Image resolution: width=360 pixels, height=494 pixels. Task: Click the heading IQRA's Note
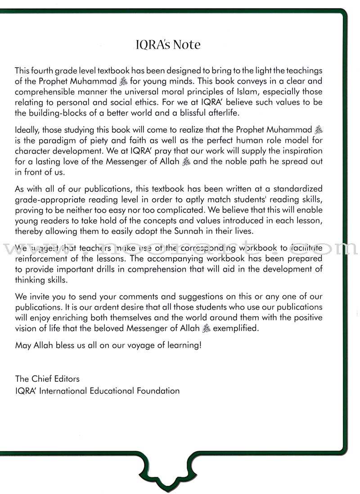pyautogui.click(x=168, y=45)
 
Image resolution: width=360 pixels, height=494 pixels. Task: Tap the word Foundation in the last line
pyautogui.click(x=159, y=390)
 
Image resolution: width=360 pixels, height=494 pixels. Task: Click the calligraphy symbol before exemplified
pyautogui.click(x=206, y=329)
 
